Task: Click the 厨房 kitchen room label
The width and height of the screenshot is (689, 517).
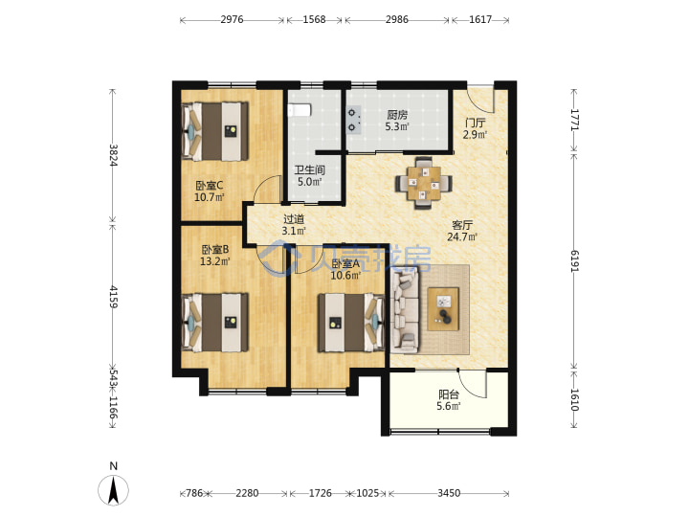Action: (397, 115)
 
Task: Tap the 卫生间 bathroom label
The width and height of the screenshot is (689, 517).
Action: (309, 169)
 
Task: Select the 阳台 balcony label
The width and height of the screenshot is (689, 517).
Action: (449, 394)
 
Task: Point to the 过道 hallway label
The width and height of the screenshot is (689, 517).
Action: (294, 219)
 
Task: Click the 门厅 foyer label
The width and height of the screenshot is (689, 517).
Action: (475, 124)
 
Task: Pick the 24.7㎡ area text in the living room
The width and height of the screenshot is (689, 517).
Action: (462, 237)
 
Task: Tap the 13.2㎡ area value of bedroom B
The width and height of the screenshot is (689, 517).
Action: (215, 261)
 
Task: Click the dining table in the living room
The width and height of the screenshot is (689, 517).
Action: (424, 183)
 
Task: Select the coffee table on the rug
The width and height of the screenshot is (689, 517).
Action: (443, 308)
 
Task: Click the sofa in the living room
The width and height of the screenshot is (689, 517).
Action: (405, 311)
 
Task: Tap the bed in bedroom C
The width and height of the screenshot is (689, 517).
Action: (215, 131)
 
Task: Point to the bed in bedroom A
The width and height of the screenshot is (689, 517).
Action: (351, 323)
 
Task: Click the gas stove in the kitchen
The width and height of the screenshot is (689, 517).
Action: (353, 120)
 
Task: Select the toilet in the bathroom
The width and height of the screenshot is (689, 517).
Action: (300, 110)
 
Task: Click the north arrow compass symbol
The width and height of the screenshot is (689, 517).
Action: (113, 490)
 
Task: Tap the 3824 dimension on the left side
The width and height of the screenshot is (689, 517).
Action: (113, 155)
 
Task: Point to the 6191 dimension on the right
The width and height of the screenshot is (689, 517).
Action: (575, 260)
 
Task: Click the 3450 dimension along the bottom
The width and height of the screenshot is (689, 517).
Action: (449, 493)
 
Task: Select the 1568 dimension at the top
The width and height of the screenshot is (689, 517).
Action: (314, 19)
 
